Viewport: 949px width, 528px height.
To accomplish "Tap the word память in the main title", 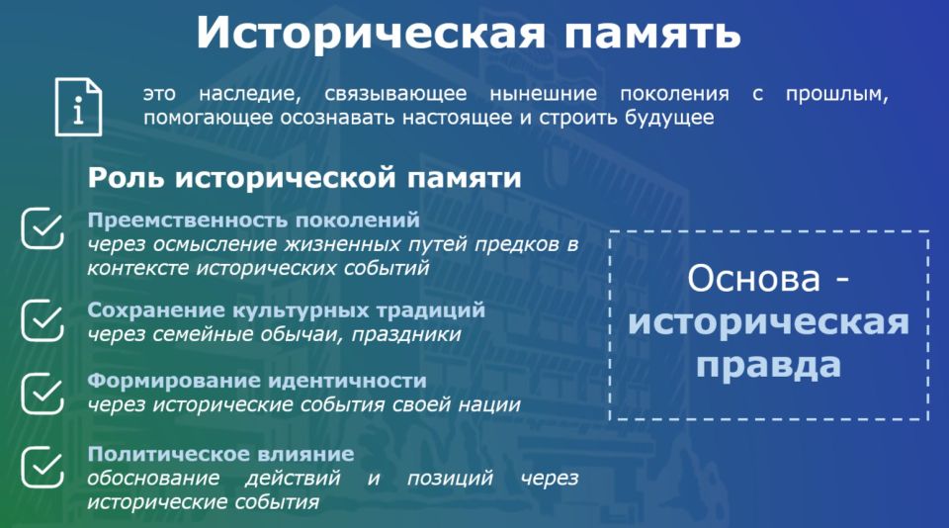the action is [x=652, y=34].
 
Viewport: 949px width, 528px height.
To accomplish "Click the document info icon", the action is [x=79, y=107].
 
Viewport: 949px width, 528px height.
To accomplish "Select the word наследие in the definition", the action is [x=250, y=94].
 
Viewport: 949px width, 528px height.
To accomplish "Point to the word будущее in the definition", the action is [x=669, y=118].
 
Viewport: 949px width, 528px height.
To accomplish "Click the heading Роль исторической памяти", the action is [x=304, y=178].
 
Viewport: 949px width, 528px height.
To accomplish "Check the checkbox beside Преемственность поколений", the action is [x=43, y=228].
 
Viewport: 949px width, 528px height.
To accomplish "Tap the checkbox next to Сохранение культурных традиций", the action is [x=43, y=320].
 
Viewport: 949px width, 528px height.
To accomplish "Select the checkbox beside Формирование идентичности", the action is [x=43, y=394].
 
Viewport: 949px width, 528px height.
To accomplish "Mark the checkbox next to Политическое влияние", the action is [x=43, y=467].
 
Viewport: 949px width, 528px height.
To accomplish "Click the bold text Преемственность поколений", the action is [x=254, y=220].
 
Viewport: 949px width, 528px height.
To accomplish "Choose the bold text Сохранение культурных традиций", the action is [x=287, y=310].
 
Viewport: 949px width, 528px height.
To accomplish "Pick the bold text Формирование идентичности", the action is [x=257, y=381].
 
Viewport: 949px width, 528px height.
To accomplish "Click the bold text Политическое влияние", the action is [x=220, y=454].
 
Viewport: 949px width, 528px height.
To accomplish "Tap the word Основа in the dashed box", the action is [x=754, y=279].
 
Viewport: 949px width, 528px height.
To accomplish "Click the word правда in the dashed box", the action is [x=769, y=366].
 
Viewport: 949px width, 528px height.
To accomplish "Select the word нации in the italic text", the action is [x=489, y=404].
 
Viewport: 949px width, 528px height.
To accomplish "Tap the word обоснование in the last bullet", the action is [x=154, y=478].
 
